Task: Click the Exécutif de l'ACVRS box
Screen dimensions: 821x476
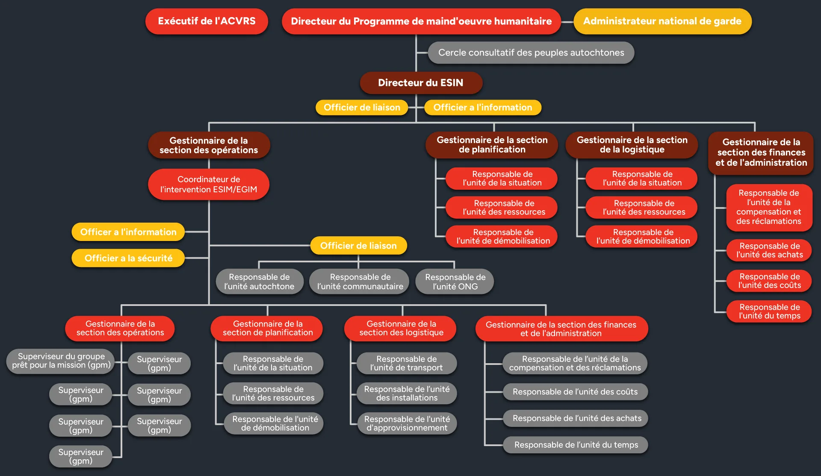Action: point(207,21)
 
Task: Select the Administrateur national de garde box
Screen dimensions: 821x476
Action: point(662,21)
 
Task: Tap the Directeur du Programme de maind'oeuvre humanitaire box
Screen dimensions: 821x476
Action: point(421,21)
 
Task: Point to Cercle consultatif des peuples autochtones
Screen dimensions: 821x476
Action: point(531,53)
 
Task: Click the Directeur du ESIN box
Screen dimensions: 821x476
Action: point(421,83)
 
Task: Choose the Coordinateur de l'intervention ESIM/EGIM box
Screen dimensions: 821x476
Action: point(209,184)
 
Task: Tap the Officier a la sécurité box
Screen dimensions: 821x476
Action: point(128,258)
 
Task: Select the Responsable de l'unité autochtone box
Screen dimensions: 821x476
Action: point(259,282)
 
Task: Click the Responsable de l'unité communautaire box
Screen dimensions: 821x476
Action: point(360,282)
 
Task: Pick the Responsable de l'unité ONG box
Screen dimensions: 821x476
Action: point(455,282)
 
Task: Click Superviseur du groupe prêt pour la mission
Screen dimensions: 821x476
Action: point(61,361)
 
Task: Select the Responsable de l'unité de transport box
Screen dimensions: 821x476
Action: point(406,363)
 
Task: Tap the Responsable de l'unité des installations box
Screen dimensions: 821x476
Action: point(407,394)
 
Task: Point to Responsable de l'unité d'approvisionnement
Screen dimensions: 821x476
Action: point(407,423)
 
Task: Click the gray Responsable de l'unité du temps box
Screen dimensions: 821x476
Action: point(576,445)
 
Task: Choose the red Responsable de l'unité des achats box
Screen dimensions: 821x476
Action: point(769,250)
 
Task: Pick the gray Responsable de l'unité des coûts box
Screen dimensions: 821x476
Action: point(575,392)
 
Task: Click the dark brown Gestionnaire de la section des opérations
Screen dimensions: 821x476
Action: point(209,145)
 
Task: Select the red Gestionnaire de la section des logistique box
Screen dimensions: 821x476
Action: point(401,328)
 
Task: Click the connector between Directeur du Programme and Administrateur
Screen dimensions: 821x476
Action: point(567,22)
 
